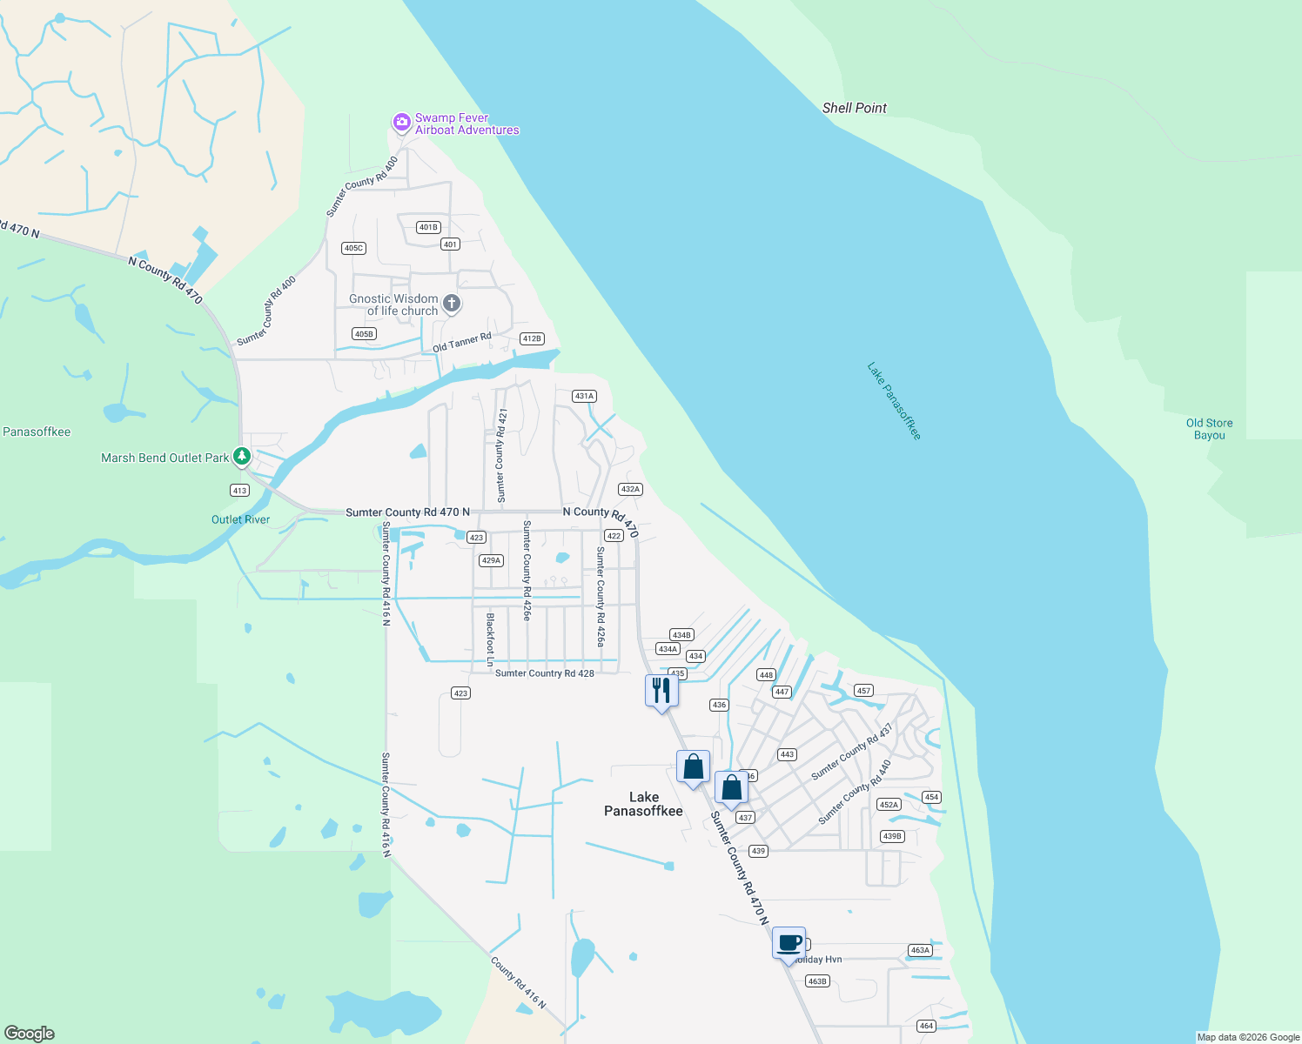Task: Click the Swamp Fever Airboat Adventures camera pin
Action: [401, 122]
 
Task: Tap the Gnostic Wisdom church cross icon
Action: [451, 304]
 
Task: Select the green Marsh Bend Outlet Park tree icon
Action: [242, 456]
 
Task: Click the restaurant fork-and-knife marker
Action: [661, 691]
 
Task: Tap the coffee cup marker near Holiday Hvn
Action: [789, 943]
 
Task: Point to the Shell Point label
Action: [854, 108]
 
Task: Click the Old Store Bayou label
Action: [1209, 429]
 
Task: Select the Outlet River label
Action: [240, 519]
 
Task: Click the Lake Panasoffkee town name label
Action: [643, 804]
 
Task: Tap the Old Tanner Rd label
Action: [462, 342]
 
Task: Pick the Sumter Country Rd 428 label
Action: [545, 673]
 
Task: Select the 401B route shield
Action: [427, 227]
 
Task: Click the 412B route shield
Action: [531, 338]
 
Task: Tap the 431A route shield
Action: [583, 396]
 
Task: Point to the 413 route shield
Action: [239, 490]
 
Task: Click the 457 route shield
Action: [862, 690]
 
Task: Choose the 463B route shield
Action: [816, 980]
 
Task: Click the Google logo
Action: [30, 1033]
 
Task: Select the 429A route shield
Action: [491, 560]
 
